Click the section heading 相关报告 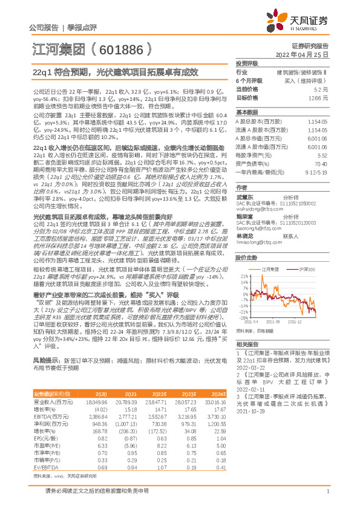[247, 343]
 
